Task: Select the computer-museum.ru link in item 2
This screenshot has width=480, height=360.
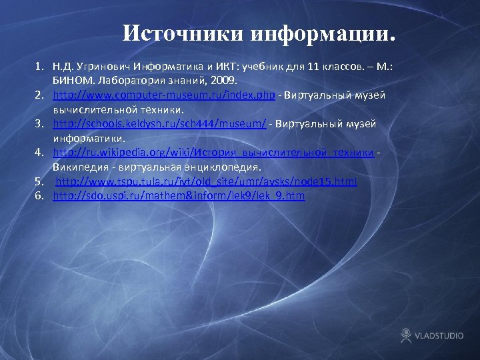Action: click(164, 95)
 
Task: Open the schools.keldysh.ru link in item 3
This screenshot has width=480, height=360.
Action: click(160, 123)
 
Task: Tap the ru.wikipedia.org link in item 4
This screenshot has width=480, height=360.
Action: click(213, 153)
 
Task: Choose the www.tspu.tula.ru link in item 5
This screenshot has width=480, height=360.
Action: click(206, 181)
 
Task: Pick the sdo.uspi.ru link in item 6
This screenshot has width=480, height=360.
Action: click(179, 195)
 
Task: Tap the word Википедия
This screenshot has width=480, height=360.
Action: click(80, 167)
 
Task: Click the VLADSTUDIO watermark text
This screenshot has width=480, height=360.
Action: click(439, 335)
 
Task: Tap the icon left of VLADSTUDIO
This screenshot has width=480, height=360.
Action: click(406, 335)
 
